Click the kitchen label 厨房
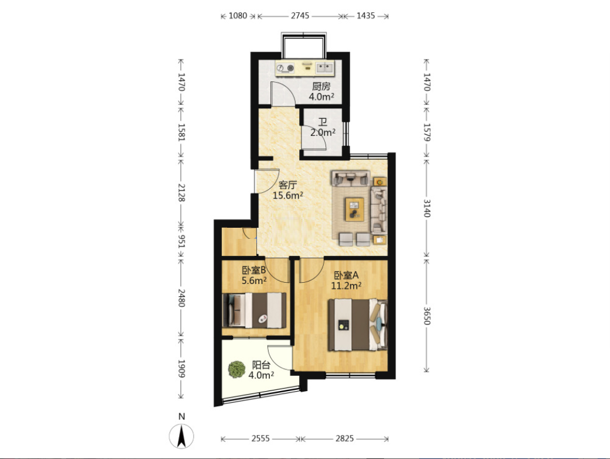(x=321, y=86)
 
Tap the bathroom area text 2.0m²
(x=323, y=133)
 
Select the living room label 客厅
(x=288, y=185)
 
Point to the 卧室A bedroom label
(x=346, y=275)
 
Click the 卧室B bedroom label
(x=253, y=270)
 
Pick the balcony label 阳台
(x=261, y=365)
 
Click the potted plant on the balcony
(x=237, y=369)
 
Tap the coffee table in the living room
(x=354, y=209)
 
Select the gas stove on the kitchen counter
(x=286, y=68)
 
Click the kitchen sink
(x=324, y=68)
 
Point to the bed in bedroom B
(x=254, y=310)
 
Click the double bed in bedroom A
(x=358, y=325)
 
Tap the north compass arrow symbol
(x=181, y=436)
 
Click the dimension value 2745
(x=300, y=16)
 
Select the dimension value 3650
(x=427, y=316)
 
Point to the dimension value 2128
(x=181, y=193)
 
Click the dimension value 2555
(x=261, y=439)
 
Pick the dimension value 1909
(x=181, y=368)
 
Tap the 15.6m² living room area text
(x=288, y=196)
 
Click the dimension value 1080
(x=238, y=16)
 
